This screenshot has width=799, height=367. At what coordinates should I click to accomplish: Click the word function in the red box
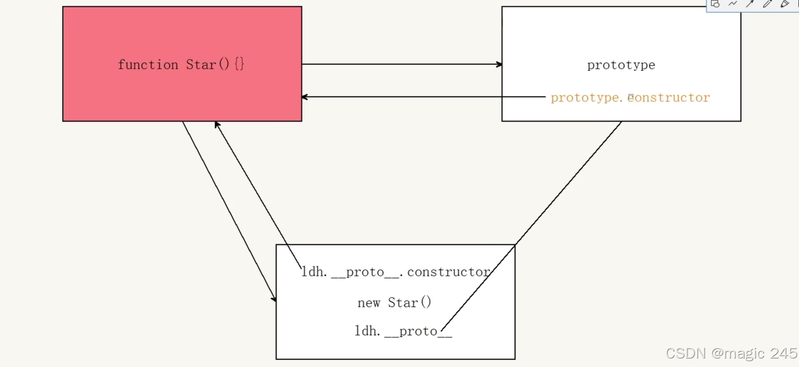(148, 65)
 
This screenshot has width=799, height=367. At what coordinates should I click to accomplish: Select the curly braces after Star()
(239, 64)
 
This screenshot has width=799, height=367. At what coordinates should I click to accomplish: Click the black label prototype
(621, 65)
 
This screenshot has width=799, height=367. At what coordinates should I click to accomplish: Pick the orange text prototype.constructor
(630, 98)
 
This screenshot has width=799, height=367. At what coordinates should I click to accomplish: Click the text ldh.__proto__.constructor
(396, 272)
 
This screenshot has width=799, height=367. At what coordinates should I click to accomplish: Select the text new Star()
(394, 303)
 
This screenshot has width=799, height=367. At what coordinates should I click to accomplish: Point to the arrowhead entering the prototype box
(499, 64)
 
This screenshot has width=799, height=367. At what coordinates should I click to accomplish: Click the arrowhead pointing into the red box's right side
(305, 97)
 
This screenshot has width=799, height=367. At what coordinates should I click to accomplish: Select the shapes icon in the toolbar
(715, 4)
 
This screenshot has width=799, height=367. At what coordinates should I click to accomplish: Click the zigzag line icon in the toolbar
(733, 4)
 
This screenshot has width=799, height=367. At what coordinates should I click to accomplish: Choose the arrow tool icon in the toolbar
(750, 4)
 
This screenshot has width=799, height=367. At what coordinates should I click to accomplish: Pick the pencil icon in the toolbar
(767, 4)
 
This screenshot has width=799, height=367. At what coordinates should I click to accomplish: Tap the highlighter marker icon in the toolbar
(785, 4)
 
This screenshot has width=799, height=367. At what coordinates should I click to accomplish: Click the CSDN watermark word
(685, 353)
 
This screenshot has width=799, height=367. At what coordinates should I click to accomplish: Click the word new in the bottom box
(369, 303)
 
